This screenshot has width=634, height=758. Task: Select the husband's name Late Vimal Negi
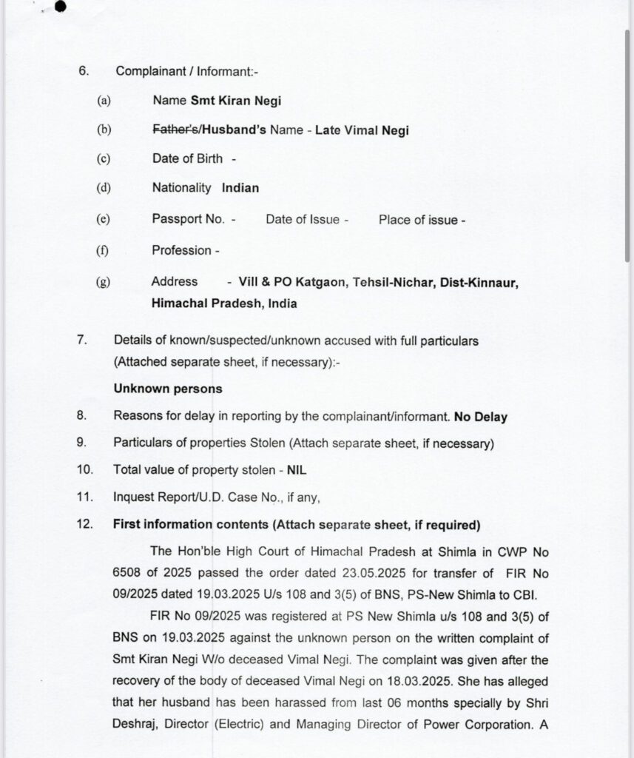click(362, 130)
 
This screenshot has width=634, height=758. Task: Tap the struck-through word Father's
click(174, 130)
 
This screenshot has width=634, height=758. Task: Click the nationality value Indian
click(240, 188)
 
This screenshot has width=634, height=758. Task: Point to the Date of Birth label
click(187, 158)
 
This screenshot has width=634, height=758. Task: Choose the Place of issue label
click(418, 220)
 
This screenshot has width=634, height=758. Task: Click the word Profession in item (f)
click(181, 250)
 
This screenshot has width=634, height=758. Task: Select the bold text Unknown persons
click(168, 389)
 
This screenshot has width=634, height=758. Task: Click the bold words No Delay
click(481, 417)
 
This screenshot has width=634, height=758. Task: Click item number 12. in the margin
click(84, 525)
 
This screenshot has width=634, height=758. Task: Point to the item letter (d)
click(103, 188)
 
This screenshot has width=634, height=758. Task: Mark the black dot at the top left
click(60, 7)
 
